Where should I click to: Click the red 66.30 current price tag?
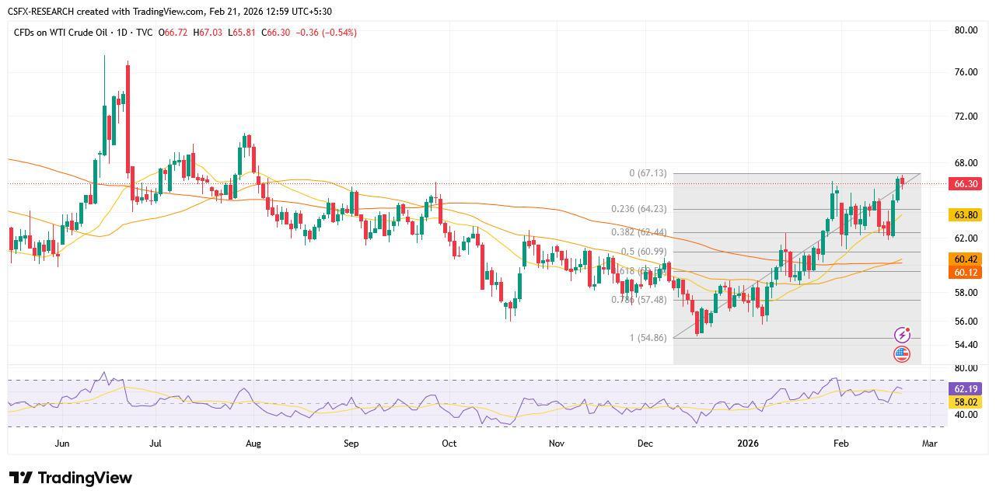click(965, 184)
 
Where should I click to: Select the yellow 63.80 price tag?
click(965, 215)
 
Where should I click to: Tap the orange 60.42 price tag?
click(965, 259)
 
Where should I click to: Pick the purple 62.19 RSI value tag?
click(965, 388)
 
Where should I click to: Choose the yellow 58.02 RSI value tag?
click(965, 402)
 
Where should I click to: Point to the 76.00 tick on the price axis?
click(966, 72)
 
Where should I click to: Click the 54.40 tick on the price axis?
click(966, 345)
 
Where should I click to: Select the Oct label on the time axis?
click(449, 444)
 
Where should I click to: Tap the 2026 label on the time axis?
click(747, 444)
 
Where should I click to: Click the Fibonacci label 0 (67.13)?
click(648, 173)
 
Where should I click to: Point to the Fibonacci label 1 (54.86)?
click(648, 338)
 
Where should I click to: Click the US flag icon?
click(902, 354)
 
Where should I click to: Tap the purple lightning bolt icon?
click(902, 336)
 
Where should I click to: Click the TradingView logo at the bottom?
click(71, 478)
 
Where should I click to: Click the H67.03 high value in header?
click(210, 33)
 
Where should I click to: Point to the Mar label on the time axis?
click(929, 444)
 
